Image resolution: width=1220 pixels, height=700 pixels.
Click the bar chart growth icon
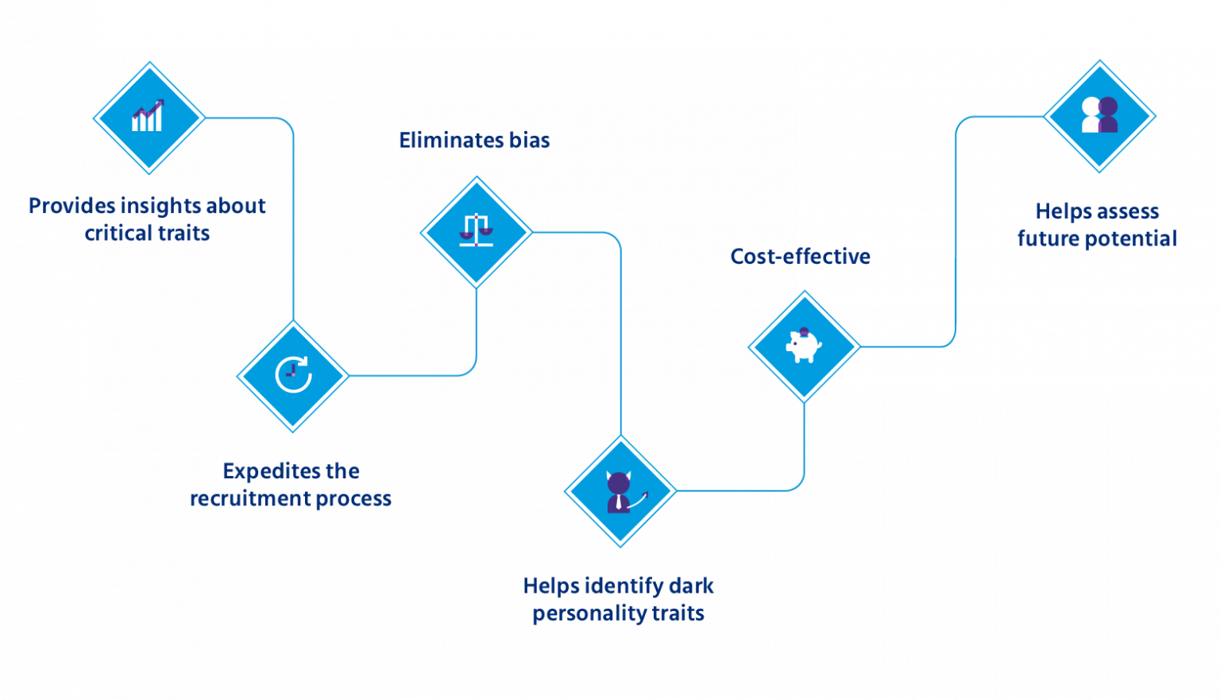[x=148, y=117]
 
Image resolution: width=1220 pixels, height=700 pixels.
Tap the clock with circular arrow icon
[x=293, y=375]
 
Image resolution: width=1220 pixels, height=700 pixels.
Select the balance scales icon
[x=476, y=230]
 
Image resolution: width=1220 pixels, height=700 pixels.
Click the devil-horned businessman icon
[x=620, y=491]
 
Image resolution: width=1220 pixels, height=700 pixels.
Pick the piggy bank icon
[x=804, y=346]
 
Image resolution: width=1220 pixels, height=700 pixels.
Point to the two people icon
[x=1099, y=115]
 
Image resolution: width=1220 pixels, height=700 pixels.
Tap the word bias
[x=530, y=141]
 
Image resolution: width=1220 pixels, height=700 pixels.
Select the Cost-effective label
[x=801, y=256]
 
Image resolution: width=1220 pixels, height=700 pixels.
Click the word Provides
[x=71, y=207]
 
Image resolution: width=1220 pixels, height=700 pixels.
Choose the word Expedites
[x=268, y=472]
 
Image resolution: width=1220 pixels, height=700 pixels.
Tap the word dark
[x=691, y=586]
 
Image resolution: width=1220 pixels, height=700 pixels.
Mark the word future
[x=1046, y=238]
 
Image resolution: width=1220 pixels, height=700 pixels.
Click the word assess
[x=1128, y=212]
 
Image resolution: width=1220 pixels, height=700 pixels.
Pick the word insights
[x=161, y=207]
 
